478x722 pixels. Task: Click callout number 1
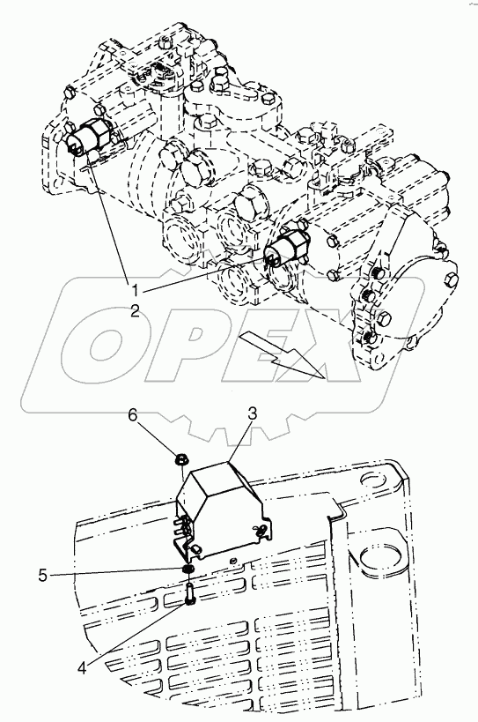click(135, 291)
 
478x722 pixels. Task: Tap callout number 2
click(134, 311)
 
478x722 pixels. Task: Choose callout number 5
click(43, 575)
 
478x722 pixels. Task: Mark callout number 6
click(132, 415)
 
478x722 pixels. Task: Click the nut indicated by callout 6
click(181, 458)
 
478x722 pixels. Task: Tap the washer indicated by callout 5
click(188, 570)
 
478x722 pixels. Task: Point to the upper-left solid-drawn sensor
click(88, 136)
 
